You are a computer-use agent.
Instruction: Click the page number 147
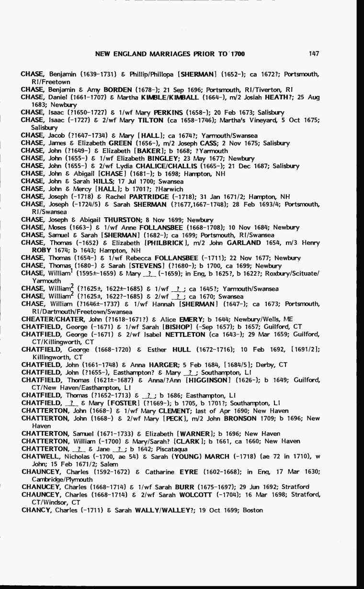coord(314,54)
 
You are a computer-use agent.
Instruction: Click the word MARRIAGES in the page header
coord(159,54)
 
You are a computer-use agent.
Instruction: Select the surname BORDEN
coord(117,89)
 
